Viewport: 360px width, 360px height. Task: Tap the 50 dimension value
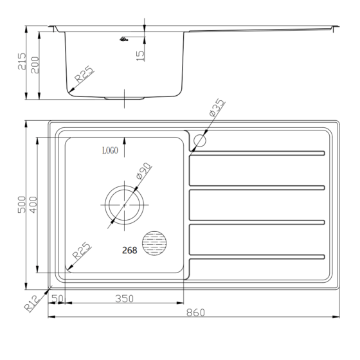click(57, 298)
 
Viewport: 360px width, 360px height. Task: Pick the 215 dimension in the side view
click(21, 61)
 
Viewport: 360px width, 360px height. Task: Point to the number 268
click(129, 251)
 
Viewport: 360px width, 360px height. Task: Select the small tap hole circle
click(200, 140)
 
